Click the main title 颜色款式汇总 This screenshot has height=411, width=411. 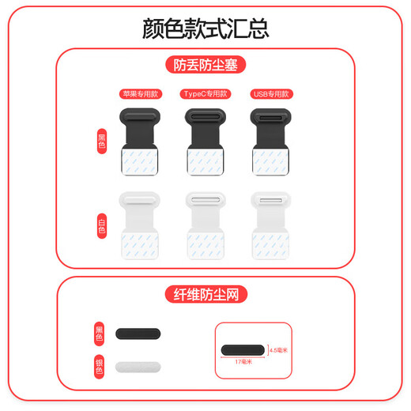[x=205, y=28]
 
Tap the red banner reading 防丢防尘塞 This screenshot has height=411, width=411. [x=205, y=65]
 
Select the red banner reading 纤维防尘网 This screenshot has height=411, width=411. [x=205, y=296]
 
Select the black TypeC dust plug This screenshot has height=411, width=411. [x=205, y=143]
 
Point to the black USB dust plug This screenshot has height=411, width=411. [x=270, y=143]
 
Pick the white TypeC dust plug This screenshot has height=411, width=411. [x=205, y=225]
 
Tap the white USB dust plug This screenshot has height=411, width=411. [x=270, y=225]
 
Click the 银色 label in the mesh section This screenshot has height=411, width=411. [x=100, y=366]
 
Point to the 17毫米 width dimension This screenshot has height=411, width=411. [x=242, y=362]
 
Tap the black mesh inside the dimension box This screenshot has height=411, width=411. [x=243, y=349]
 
